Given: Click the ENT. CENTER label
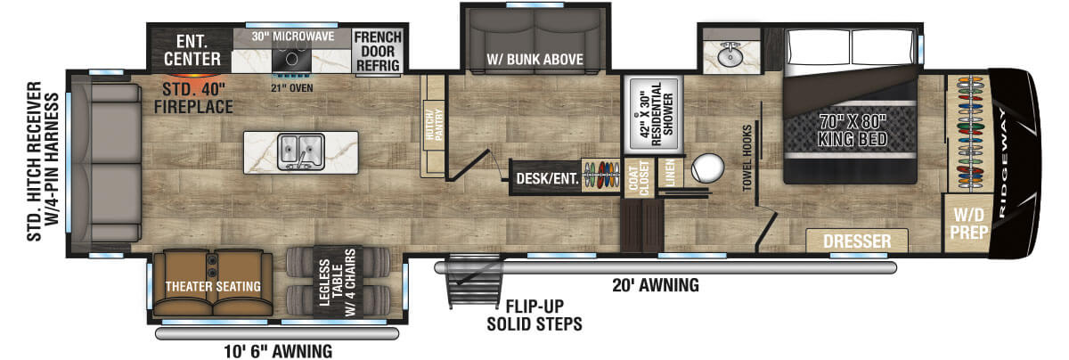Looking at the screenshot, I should click(192, 51).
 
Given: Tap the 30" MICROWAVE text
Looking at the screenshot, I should click(290, 37).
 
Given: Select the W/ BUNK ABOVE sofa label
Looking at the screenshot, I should click(534, 60).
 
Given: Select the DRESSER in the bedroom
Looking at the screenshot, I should click(857, 241).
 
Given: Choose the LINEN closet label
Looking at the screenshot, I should click(671, 173).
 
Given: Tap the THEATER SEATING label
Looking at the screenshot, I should click(212, 286).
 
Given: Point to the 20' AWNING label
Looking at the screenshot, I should click(654, 286).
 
